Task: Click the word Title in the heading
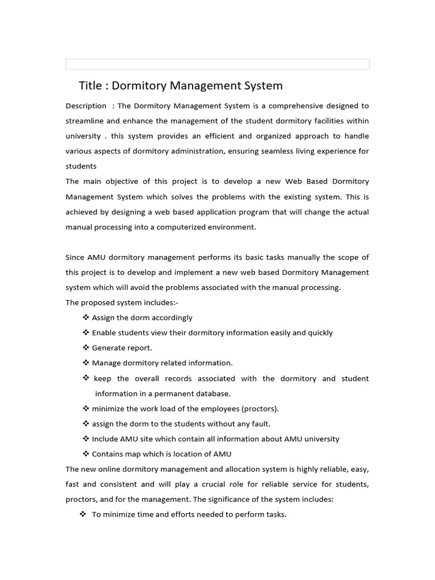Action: point(90,86)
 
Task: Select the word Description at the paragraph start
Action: point(86,106)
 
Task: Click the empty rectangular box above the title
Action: point(217,64)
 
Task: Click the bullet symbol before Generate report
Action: point(86,348)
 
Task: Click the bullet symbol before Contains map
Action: point(86,454)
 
